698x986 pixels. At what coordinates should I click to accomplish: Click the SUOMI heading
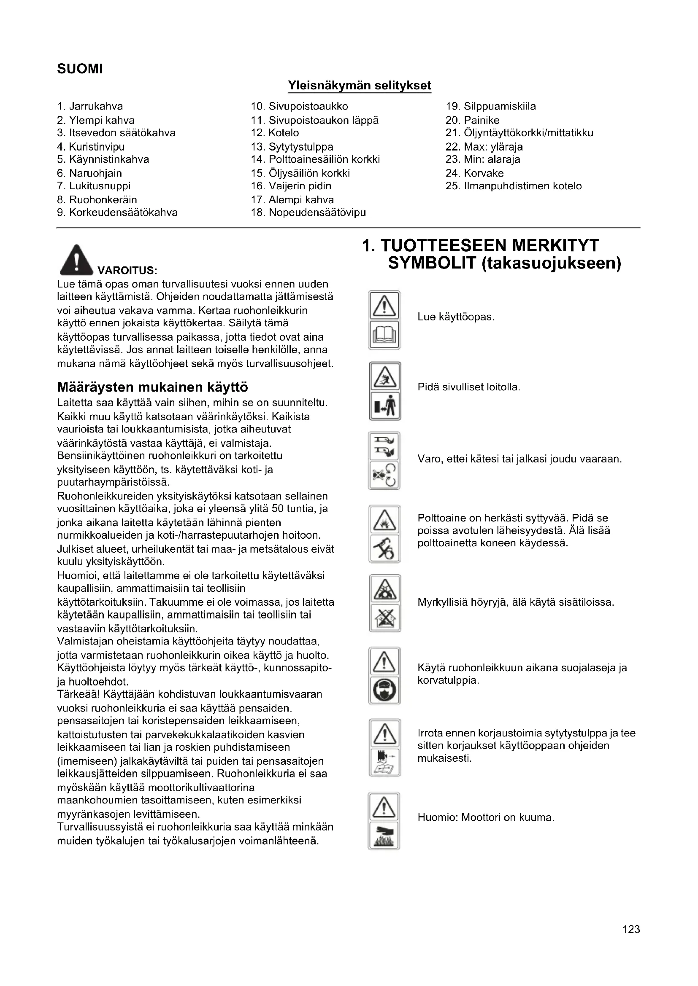(80, 69)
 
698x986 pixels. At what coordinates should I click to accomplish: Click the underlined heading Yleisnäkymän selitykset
(359, 86)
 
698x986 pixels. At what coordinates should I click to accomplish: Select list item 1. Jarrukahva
(90, 106)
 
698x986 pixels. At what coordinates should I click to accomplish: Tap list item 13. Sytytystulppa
(292, 146)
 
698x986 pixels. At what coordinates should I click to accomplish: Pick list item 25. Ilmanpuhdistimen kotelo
(514, 186)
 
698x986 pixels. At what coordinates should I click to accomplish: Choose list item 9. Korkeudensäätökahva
(117, 212)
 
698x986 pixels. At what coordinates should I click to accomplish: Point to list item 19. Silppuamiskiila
(491, 106)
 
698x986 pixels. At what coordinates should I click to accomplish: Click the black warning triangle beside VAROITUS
(76, 260)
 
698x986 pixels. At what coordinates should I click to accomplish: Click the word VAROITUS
(127, 271)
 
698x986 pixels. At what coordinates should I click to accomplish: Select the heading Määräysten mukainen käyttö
(153, 387)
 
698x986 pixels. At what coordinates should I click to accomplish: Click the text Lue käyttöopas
(456, 317)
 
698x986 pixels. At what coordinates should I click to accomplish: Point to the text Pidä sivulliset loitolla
(469, 387)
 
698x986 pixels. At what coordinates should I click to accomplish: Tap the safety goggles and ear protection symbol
(384, 691)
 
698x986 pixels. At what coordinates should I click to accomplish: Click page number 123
(631, 941)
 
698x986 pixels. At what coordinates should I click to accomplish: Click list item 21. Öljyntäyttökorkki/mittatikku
(519, 133)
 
